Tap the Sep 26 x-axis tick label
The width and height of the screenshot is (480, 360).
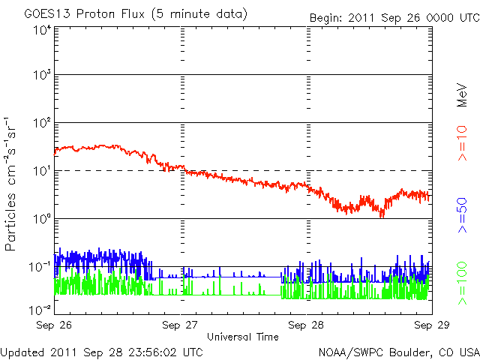point(54,326)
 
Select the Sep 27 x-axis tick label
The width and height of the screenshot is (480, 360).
point(182,326)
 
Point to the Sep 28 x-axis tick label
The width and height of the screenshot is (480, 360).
point(306,326)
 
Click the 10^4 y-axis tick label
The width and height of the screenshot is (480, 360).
point(41,29)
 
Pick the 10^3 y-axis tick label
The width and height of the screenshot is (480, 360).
point(41,76)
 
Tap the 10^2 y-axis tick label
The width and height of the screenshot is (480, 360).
point(41,124)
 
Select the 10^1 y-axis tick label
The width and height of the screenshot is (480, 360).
point(41,172)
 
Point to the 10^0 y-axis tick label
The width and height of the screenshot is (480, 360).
point(41,220)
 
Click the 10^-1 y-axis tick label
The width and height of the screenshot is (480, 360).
point(40,267)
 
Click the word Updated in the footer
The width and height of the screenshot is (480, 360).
point(22,352)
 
